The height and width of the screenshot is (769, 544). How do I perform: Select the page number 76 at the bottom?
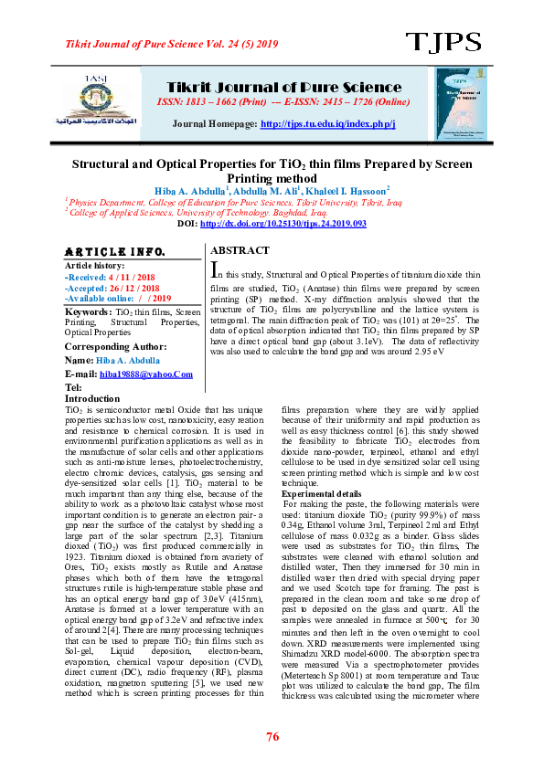click(x=272, y=737)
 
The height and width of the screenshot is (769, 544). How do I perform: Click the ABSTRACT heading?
click(x=240, y=250)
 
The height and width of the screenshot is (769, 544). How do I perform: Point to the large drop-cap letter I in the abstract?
click(x=215, y=270)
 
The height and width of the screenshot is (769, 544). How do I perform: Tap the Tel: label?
click(x=73, y=387)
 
